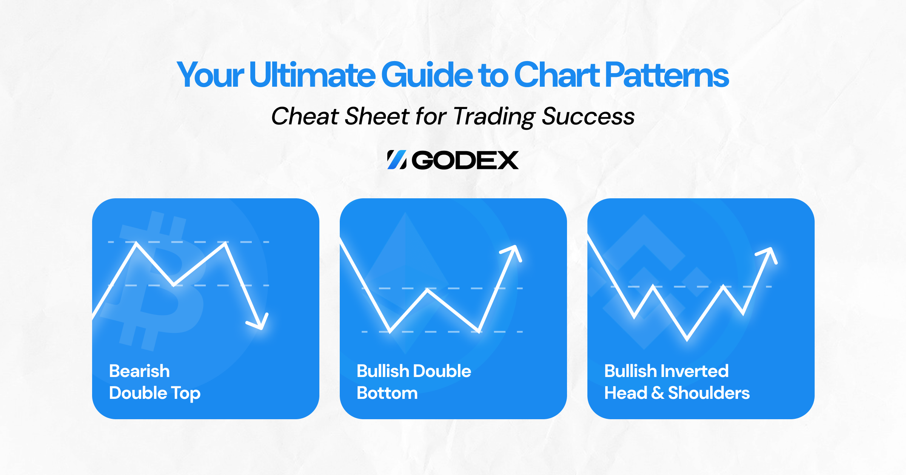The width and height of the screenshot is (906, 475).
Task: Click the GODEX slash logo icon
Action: pos(397,160)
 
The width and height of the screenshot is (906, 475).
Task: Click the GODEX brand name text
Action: pos(465,160)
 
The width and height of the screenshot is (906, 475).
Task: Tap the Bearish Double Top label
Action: pos(155,382)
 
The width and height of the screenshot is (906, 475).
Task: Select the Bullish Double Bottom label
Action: pos(414,382)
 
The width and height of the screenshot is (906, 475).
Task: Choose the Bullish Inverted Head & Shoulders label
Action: pos(677,382)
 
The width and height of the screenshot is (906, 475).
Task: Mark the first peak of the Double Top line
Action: pos(136,244)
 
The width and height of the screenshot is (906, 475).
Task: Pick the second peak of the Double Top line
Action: pos(225,244)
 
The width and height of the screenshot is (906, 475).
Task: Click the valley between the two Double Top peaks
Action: pos(173,285)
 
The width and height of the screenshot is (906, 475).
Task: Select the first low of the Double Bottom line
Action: pos(390,331)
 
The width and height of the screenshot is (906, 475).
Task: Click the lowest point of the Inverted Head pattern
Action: pos(687,339)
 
